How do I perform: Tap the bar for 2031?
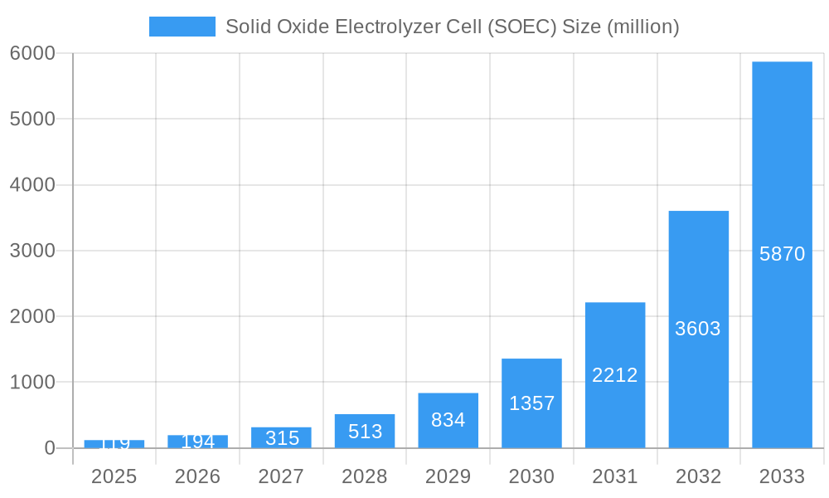tap(614, 332)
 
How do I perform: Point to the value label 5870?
tap(782, 254)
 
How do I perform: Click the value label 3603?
tap(698, 329)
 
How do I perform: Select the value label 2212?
tap(614, 375)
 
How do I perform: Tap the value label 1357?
tap(531, 403)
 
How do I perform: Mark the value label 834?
tap(448, 420)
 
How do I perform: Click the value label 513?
tap(365, 432)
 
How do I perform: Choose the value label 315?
tap(282, 438)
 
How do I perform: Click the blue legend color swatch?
tap(182, 27)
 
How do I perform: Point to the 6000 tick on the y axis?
tap(32, 53)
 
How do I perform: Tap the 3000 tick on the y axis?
tap(32, 251)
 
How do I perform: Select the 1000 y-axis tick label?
tap(32, 383)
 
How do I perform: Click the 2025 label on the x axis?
tap(114, 476)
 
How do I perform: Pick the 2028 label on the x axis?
tap(365, 476)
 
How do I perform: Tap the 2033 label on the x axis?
tap(782, 476)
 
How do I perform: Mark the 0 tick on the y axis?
tap(49, 448)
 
